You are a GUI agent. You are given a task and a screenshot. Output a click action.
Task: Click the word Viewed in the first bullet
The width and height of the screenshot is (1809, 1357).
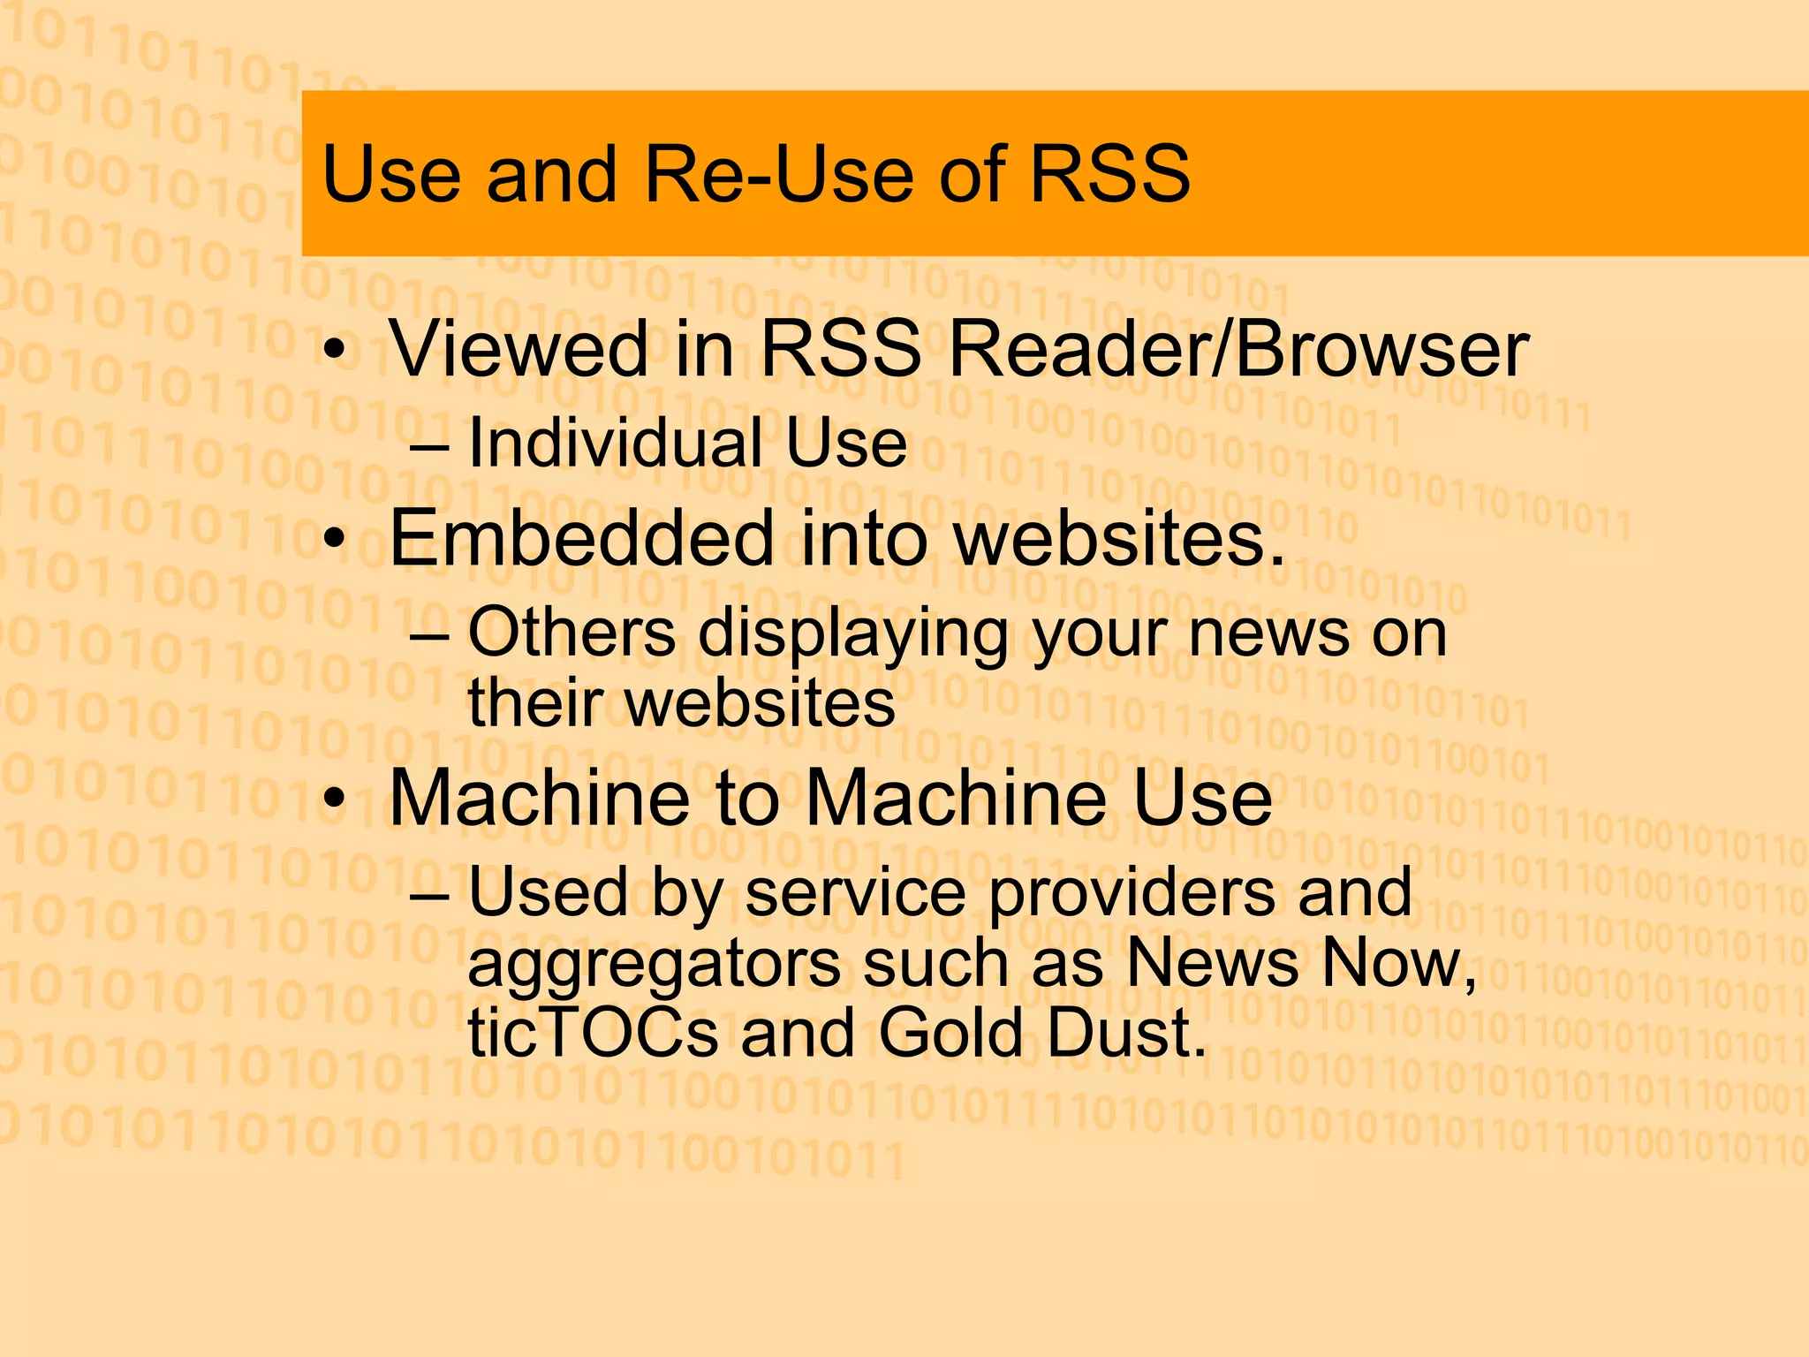tap(519, 348)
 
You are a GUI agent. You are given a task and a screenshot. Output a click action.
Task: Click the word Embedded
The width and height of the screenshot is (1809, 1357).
tap(582, 538)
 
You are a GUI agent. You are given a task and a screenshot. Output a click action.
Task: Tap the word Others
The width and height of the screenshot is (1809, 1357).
tap(571, 633)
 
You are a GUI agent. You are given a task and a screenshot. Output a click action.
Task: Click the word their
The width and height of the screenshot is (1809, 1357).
tap(535, 703)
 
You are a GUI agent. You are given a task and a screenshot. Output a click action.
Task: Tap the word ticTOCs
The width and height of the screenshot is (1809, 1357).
tap(593, 1033)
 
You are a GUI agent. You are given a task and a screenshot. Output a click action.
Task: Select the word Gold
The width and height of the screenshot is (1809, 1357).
tap(950, 1033)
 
